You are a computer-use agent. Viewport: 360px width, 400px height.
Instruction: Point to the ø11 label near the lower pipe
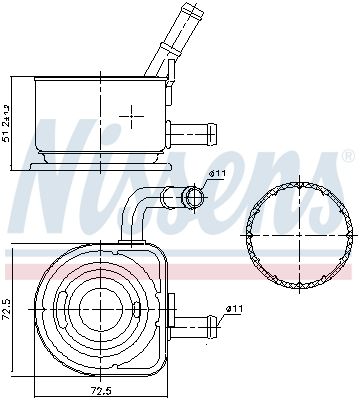point(233,308)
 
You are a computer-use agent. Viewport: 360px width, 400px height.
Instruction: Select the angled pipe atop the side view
point(171,41)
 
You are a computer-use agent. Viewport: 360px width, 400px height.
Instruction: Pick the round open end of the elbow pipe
point(192,196)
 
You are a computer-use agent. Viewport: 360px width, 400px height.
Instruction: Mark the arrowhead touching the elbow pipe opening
point(202,186)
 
